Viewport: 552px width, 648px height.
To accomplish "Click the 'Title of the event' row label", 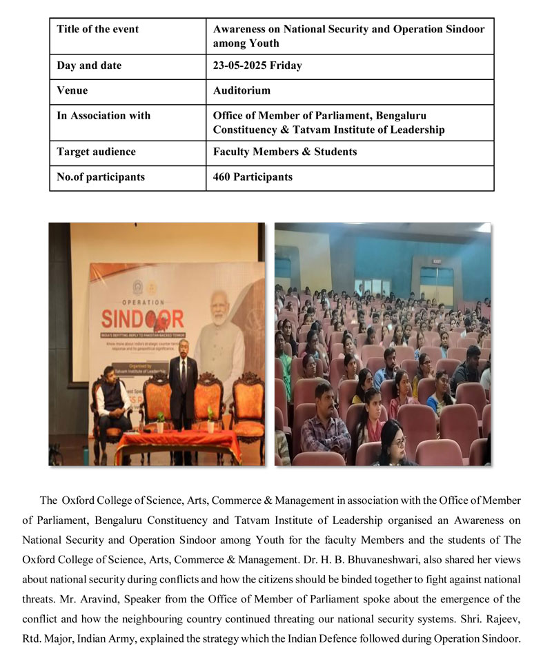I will point(97,29).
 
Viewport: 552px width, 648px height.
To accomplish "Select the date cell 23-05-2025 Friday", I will point(257,66).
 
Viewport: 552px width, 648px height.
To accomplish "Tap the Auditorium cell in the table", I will point(241,91).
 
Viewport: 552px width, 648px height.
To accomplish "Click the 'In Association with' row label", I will point(103,116).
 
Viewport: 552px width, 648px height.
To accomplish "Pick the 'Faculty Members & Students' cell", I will point(285,152).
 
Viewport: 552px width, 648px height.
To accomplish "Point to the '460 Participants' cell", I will point(253,177).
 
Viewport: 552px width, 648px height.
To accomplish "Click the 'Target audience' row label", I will point(96,152).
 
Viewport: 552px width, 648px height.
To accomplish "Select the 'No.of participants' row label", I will point(101,177).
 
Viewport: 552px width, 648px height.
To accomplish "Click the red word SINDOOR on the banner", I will point(142,319).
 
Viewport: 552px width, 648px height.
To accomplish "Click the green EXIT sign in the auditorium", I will point(437,262).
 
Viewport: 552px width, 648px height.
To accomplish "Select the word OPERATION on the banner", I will point(144,302).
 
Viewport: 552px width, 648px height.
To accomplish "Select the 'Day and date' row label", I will point(89,66).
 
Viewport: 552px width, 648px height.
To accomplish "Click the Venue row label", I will point(72,91).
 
